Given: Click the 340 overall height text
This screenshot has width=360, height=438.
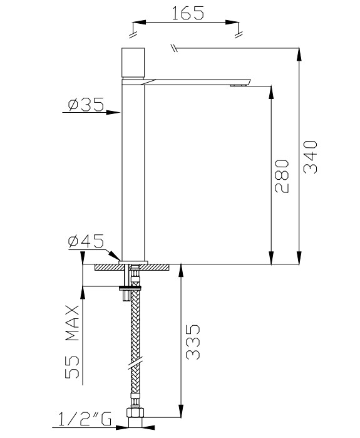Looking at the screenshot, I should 311,159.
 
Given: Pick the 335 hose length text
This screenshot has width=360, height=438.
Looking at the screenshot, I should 193,342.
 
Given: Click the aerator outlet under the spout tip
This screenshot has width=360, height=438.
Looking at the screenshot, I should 238,85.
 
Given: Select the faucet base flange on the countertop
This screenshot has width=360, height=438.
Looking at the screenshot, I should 132,261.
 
